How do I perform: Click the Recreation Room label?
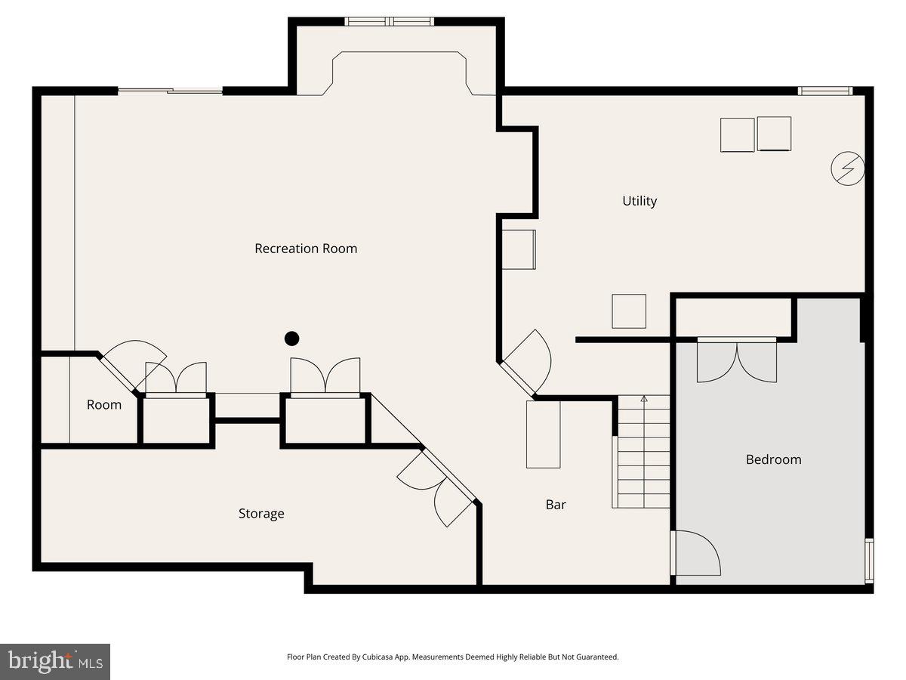pyautogui.click(x=306, y=249)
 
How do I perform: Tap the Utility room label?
pyautogui.click(x=639, y=201)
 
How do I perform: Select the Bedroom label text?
pyautogui.click(x=773, y=459)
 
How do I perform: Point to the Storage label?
pyautogui.click(x=261, y=514)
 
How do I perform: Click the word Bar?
pyautogui.click(x=556, y=505)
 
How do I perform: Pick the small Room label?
pyautogui.click(x=104, y=405)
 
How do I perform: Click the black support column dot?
pyautogui.click(x=291, y=338)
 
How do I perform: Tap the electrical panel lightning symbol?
pyautogui.click(x=846, y=168)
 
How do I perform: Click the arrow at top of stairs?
pyautogui.click(x=644, y=398)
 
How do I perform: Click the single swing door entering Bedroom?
pyautogui.click(x=696, y=553)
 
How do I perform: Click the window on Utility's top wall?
pyautogui.click(x=825, y=91)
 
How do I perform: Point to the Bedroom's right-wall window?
pyautogui.click(x=869, y=560)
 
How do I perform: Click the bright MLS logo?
pyautogui.click(x=55, y=662)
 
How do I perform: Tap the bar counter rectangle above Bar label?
pyautogui.click(x=544, y=434)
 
